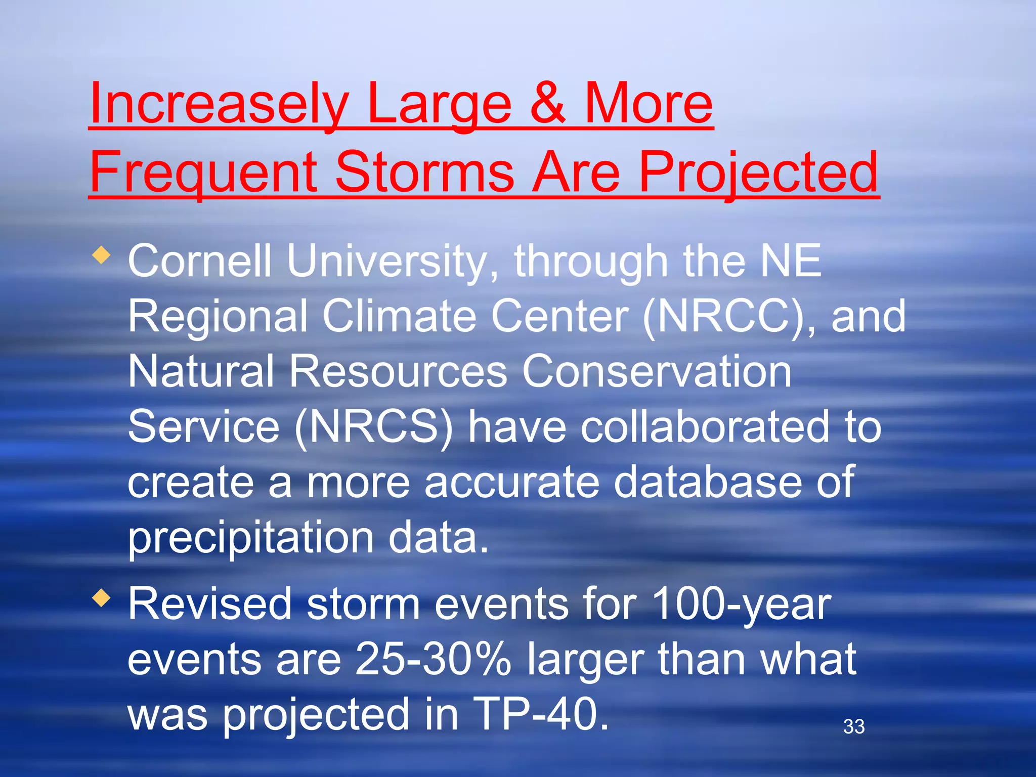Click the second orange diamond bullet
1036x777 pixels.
(x=102, y=598)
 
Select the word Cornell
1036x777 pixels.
(x=200, y=262)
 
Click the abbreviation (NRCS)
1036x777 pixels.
(x=374, y=427)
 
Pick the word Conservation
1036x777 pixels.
(x=657, y=372)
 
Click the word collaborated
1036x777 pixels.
(x=705, y=427)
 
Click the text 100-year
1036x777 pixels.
(x=741, y=605)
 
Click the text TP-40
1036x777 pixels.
(x=542, y=714)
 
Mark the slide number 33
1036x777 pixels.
(x=854, y=727)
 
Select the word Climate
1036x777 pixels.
(x=400, y=317)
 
